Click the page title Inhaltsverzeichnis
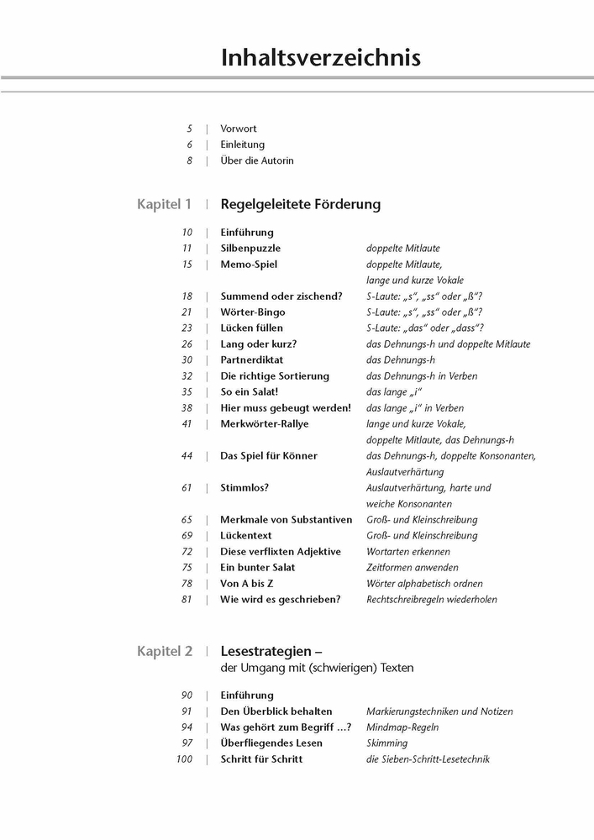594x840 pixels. point(321,57)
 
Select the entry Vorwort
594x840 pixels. point(239,129)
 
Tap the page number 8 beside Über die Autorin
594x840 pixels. point(190,160)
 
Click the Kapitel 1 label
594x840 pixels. point(165,204)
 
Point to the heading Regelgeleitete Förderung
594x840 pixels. point(300,204)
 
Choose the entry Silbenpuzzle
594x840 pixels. point(250,249)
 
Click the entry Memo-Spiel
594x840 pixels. point(249,265)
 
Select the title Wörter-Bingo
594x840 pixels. point(252,312)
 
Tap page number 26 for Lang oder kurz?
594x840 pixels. point(187,344)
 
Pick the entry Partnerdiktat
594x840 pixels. point(252,360)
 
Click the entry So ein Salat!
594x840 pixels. point(248,392)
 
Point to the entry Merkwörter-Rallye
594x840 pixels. point(264,424)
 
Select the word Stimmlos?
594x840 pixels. point(244,488)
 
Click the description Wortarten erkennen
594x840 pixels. point(408,552)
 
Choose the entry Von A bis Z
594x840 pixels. point(246,584)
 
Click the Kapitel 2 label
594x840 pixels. point(165,651)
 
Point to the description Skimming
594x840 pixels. point(387,743)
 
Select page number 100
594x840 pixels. point(184,759)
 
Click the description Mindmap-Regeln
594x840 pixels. point(402,727)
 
